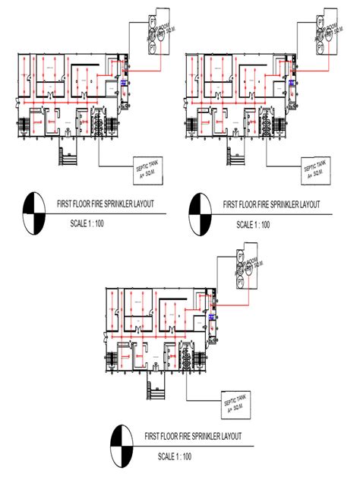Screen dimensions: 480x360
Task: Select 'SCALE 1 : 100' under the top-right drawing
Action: click(253, 224)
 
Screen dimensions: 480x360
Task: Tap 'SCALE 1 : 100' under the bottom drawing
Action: click(176, 456)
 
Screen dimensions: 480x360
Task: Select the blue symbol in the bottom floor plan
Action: click(210, 317)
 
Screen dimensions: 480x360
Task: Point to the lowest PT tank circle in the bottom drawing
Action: click(241, 281)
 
